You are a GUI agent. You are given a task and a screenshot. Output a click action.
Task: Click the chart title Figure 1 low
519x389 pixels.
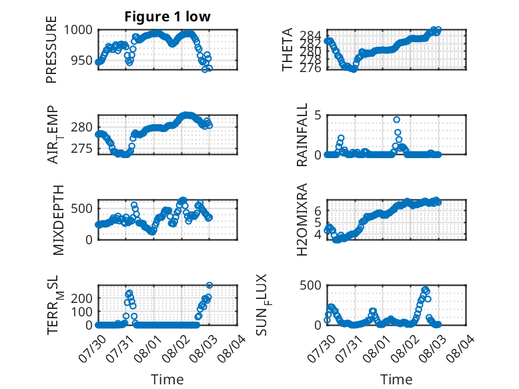pos(167,17)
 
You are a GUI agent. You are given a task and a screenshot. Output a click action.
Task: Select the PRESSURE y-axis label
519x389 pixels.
pos(51,49)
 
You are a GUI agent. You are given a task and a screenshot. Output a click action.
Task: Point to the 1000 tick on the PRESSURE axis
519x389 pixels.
pos(78,30)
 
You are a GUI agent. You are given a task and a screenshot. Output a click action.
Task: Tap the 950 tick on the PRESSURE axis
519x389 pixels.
pos(82,61)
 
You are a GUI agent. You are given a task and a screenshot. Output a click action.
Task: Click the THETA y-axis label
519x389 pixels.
pos(288,49)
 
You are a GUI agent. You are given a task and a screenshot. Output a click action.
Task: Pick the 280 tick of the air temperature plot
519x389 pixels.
pos(82,127)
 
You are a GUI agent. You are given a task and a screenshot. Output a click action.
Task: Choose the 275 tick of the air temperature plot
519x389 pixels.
pos(82,149)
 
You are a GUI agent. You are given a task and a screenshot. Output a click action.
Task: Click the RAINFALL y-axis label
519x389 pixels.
pos(302,135)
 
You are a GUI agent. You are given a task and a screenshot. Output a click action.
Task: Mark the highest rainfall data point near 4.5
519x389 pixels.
pos(396,119)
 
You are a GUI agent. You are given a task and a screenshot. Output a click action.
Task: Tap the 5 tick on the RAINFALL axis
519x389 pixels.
pos(318,115)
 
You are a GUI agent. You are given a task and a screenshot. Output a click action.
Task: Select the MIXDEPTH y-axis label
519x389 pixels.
pos(58,220)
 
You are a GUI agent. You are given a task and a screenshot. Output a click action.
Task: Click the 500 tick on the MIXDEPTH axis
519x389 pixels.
pos(82,209)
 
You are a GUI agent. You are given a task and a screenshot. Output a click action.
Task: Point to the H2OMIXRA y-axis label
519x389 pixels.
pos(302,220)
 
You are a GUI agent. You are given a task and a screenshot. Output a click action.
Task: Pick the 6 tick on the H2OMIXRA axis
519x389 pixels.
pos(318,210)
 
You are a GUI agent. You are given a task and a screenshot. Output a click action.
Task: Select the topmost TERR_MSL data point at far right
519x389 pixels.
pos(209,285)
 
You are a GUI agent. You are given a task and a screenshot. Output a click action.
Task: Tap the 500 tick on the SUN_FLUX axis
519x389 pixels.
pos(311,286)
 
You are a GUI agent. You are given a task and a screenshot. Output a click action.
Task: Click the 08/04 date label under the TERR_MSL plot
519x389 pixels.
pos(231,348)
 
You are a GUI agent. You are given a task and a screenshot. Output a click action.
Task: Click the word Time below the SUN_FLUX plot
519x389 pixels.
pos(396,379)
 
